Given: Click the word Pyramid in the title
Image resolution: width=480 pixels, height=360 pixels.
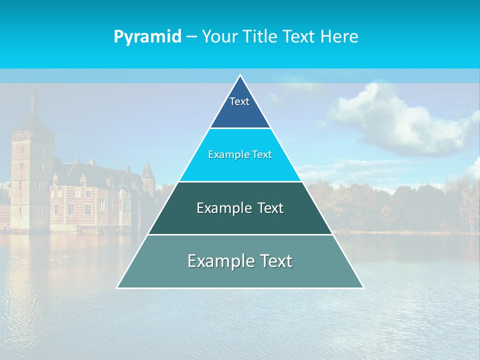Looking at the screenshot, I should point(147,37).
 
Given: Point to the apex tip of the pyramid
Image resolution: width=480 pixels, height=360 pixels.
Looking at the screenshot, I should point(240,76).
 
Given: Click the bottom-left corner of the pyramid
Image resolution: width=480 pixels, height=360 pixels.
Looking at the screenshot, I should point(118,287).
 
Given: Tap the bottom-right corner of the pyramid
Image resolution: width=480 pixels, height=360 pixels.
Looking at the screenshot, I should point(362,287).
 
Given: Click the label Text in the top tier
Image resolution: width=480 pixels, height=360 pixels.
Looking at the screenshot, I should point(239,101).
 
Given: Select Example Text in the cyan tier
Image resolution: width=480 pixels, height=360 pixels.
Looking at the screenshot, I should point(240,154).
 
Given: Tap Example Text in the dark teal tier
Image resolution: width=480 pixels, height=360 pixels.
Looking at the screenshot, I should point(240,208).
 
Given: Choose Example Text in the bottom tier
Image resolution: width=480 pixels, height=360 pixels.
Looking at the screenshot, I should point(240,261).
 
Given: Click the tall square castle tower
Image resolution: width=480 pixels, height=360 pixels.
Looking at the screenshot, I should point(32,175).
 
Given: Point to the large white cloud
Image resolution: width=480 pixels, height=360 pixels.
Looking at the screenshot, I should point(395,120).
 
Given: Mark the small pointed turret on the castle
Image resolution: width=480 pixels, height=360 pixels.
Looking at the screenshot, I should point(147,172).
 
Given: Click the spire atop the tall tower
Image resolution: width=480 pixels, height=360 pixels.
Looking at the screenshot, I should point(33,100).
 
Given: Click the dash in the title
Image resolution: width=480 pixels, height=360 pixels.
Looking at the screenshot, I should point(191,37).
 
